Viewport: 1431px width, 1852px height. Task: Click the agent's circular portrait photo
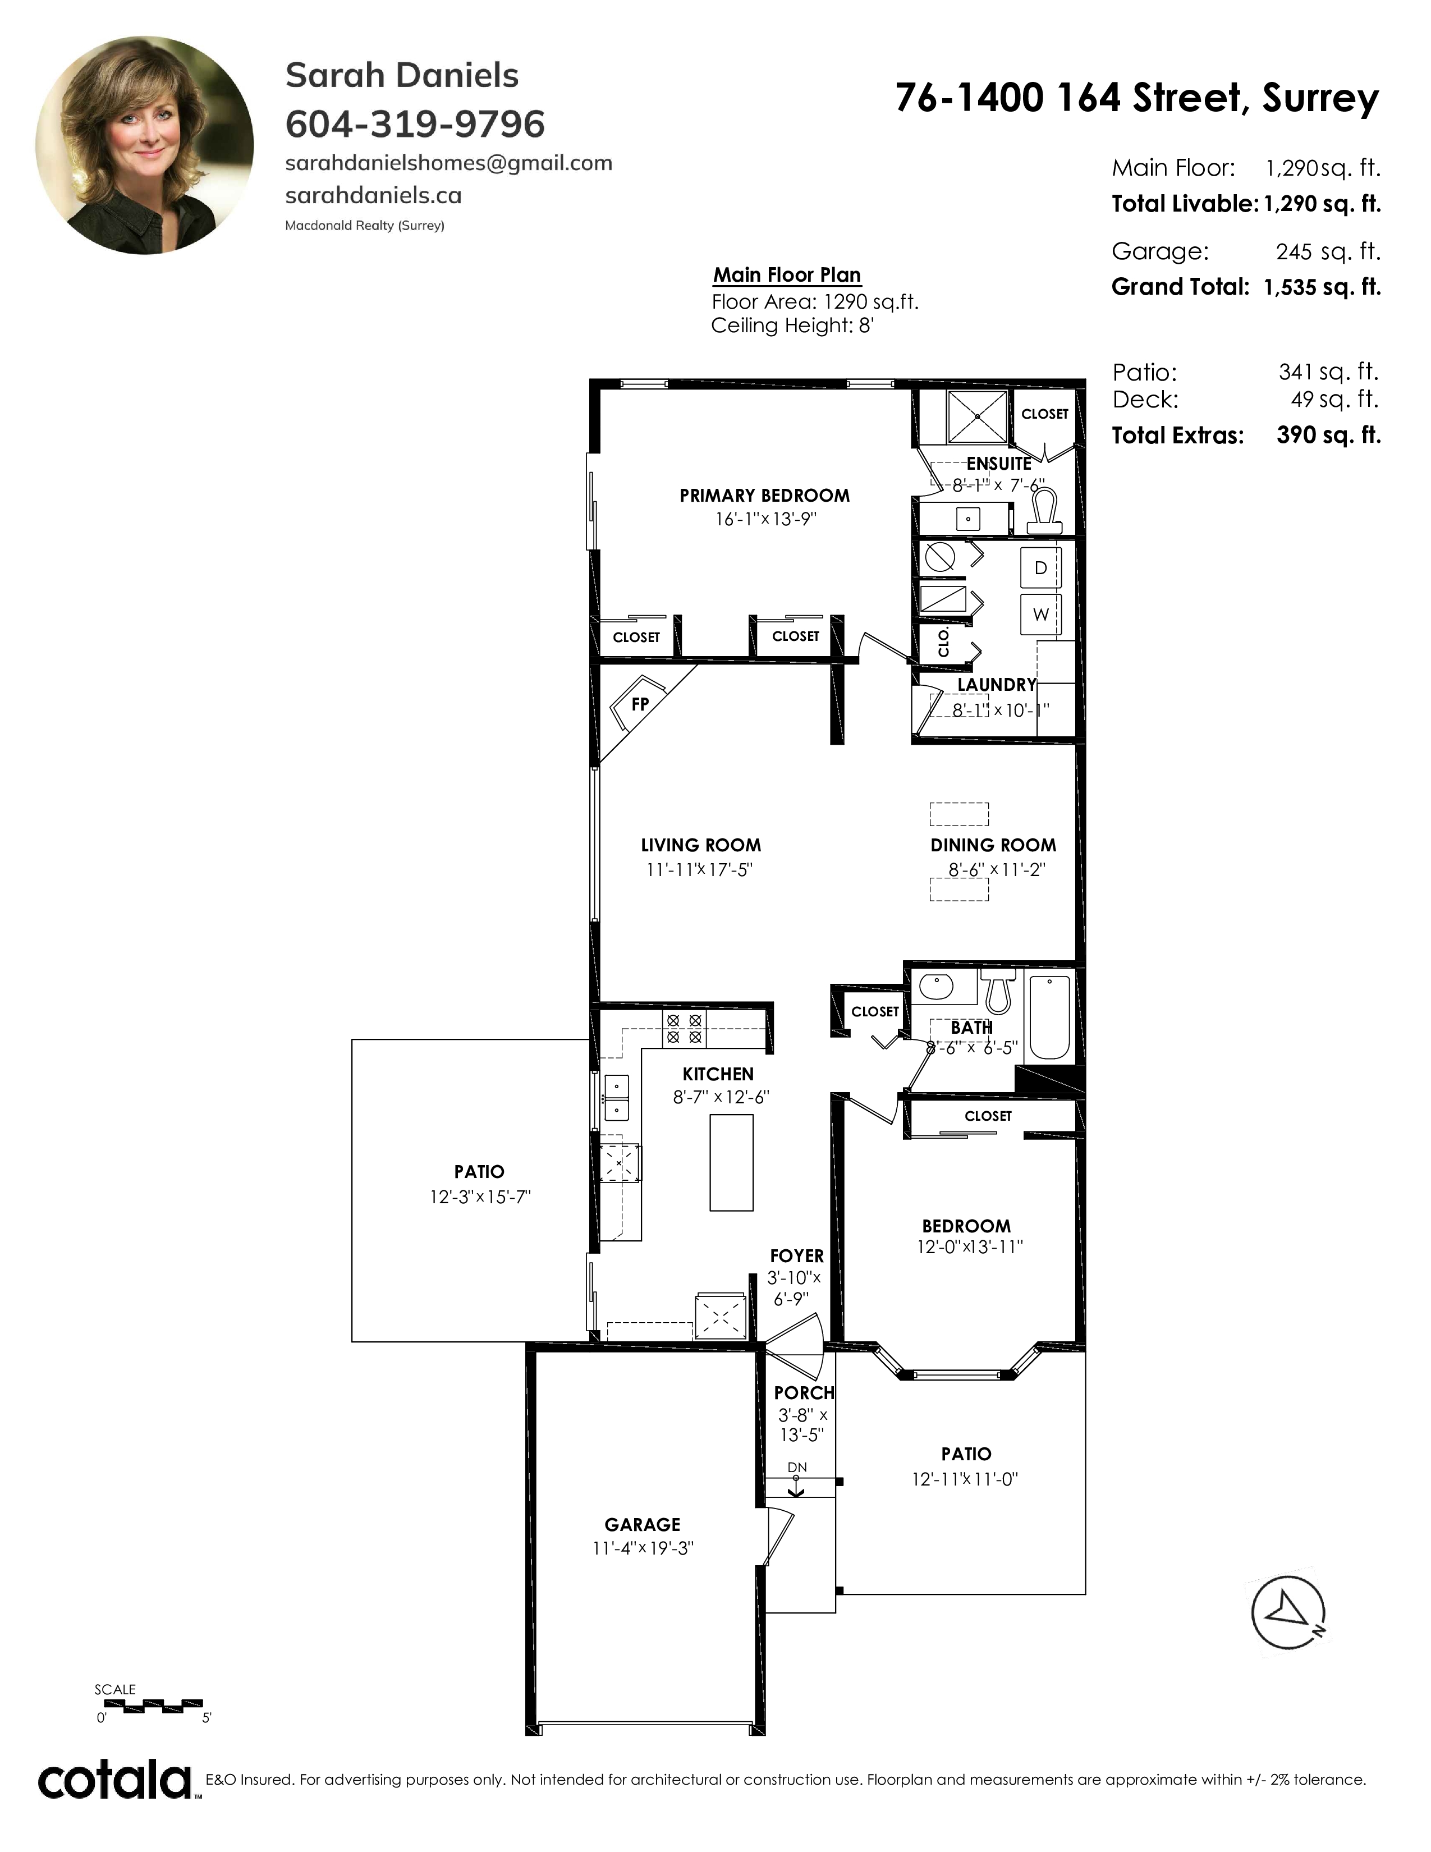click(x=144, y=145)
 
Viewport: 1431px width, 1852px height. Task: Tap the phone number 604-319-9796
click(x=415, y=124)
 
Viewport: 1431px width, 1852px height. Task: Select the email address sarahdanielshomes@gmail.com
click(x=448, y=163)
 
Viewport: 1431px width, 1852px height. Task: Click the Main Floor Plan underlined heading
click(x=787, y=275)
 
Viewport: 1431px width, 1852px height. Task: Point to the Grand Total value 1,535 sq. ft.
click(x=1322, y=287)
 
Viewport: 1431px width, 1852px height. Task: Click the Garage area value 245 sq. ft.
click(x=1328, y=252)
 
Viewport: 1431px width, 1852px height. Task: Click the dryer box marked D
click(x=1040, y=568)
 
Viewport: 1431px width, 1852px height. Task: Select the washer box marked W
click(x=1040, y=614)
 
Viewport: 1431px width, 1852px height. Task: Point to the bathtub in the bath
click(x=1049, y=1017)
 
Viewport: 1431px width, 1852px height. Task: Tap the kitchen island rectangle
click(x=731, y=1162)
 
